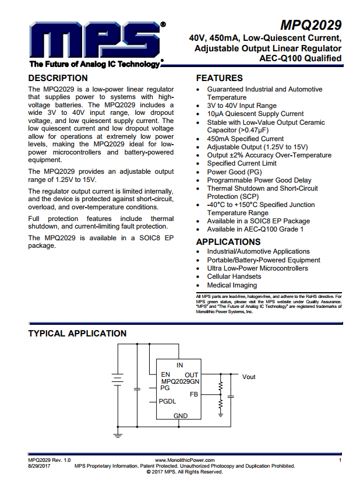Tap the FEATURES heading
(220, 78)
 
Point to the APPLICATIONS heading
(228, 242)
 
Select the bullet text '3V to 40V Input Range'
(242, 106)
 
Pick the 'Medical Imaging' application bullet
(232, 285)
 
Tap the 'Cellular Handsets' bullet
(234, 276)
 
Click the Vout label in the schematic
(249, 377)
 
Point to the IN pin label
(180, 365)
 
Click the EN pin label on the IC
(165, 374)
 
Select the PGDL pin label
(168, 401)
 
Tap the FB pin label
(194, 395)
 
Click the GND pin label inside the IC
(181, 416)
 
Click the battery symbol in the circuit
(118, 379)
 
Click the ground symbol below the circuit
(118, 434)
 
